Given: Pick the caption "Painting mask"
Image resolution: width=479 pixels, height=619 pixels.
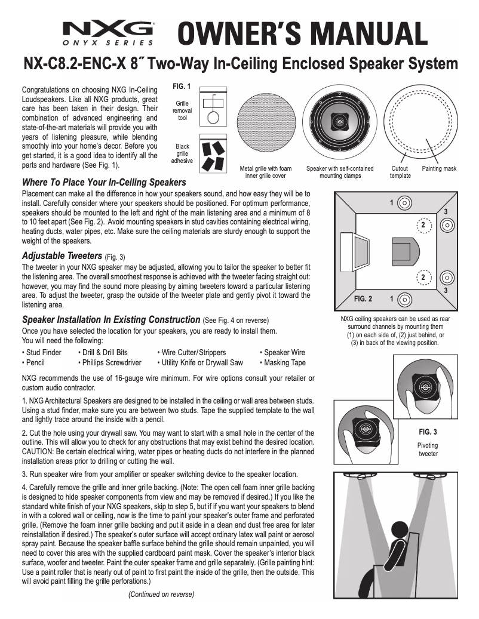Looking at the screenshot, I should tap(438, 169).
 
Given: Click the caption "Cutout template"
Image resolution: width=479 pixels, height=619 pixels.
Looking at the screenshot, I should tap(400, 173).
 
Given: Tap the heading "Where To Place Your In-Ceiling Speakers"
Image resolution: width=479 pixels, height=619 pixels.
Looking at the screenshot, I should tap(104, 182).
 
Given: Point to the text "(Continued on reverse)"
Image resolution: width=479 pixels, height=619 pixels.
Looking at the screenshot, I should tap(161, 594).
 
